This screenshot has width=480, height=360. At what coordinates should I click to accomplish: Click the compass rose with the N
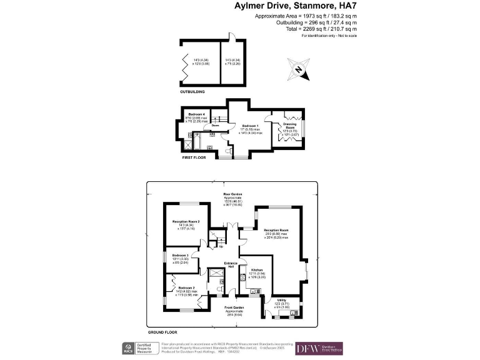(x=299, y=69)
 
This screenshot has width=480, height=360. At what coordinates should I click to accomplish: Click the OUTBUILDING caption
(x=192, y=91)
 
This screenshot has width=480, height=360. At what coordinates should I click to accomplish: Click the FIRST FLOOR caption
(x=194, y=157)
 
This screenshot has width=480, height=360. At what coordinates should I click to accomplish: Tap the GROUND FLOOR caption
(x=162, y=332)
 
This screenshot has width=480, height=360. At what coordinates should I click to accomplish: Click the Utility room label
(x=281, y=300)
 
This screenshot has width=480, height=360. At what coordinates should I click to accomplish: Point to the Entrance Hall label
(x=229, y=265)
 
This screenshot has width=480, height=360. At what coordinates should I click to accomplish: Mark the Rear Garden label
(x=232, y=194)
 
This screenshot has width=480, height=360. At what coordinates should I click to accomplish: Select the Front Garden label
(x=234, y=308)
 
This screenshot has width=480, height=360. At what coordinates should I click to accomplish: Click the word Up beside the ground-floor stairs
(x=221, y=246)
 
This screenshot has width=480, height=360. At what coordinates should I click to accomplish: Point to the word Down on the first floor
(x=215, y=126)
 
